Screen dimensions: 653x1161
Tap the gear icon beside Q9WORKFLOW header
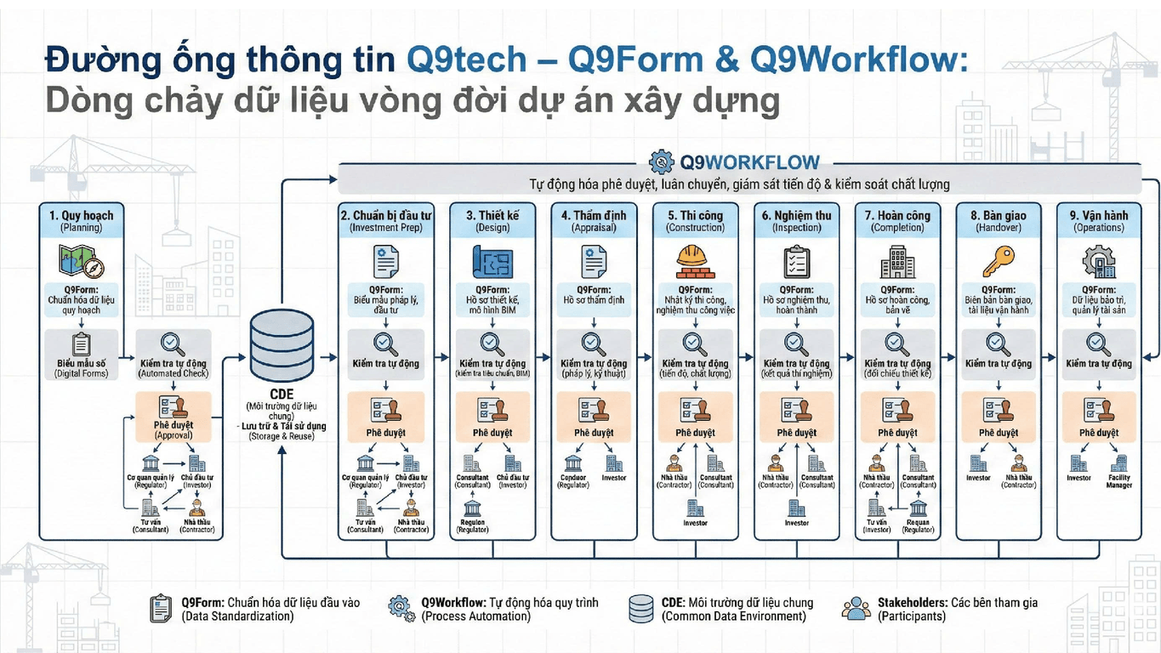pos(661,162)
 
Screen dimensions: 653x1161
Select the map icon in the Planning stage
pos(80,260)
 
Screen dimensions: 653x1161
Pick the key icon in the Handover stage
pos(998,260)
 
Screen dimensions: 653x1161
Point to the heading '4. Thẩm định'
pos(593,216)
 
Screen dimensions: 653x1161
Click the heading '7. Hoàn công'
pos(897,216)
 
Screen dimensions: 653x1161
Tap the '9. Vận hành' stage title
pos(1098,216)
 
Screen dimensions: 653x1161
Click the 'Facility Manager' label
pos(1119,481)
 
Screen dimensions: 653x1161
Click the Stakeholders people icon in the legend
pos(856,608)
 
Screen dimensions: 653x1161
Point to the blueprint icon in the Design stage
pos(491,260)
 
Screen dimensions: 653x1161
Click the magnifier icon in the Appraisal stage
pos(593,344)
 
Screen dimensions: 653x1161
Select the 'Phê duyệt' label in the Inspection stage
pos(796,433)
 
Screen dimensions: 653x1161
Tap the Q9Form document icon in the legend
pos(160,608)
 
